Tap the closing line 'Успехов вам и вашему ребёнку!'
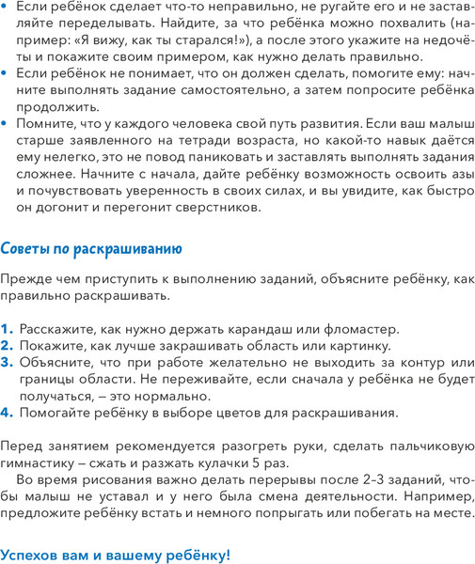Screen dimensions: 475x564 tap(116, 555)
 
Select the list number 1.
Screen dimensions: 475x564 tap(8, 329)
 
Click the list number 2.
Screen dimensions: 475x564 tap(8, 345)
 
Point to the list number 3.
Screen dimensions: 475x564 tap(8, 362)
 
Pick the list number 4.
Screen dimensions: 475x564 tap(8, 412)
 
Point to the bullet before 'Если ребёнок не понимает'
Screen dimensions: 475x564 tap(8, 73)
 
